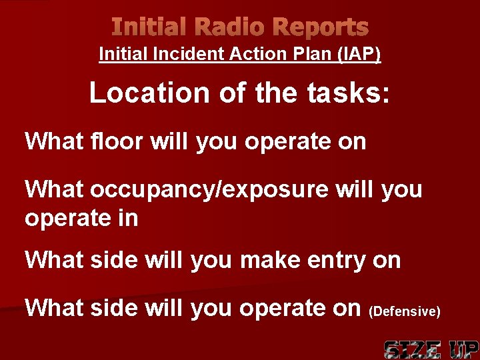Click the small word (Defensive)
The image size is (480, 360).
pos(405,311)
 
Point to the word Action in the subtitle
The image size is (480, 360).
pos(262,54)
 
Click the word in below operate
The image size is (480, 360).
pos(127,219)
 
